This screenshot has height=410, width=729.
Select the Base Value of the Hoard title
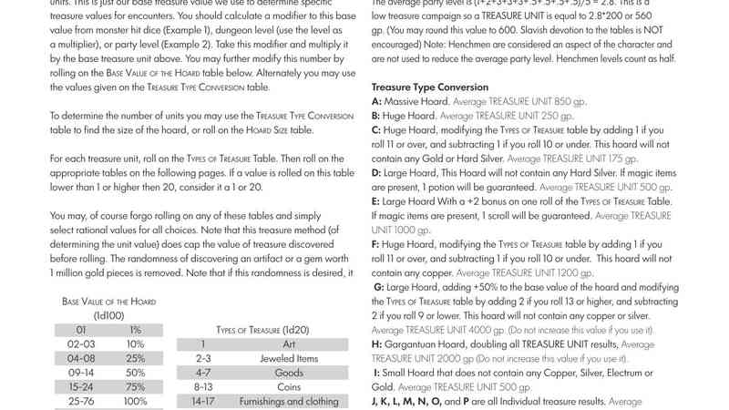point(108,302)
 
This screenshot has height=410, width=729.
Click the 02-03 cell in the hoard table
point(81,344)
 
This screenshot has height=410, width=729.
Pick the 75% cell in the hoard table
point(135,387)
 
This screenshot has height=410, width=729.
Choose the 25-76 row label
point(81,401)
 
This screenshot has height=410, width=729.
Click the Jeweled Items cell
point(289,359)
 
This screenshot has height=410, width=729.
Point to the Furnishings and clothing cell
point(289,401)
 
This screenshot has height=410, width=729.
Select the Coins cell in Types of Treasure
point(289,387)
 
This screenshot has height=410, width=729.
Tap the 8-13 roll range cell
point(203,387)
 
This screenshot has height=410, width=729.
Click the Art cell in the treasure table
point(289,344)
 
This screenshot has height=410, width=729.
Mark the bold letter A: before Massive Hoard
point(376,102)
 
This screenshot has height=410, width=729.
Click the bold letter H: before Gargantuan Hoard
point(377,344)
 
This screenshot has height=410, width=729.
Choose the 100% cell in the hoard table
point(135,401)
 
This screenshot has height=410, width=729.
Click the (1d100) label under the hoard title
point(108,315)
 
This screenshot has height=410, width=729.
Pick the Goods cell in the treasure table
point(289,373)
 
